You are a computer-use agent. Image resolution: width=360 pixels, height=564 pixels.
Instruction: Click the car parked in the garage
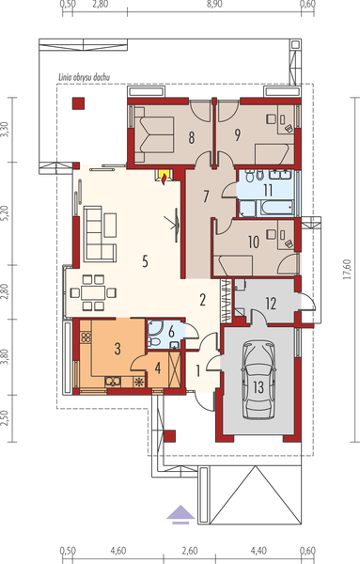[257, 380]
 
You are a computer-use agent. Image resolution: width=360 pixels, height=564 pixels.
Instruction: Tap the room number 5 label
[145, 261]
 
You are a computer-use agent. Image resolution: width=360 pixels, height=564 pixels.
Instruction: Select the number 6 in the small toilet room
[171, 331]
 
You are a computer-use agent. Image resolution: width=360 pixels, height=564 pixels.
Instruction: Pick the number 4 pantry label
[158, 368]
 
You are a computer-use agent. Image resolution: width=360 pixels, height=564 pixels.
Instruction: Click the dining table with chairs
[95, 291]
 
